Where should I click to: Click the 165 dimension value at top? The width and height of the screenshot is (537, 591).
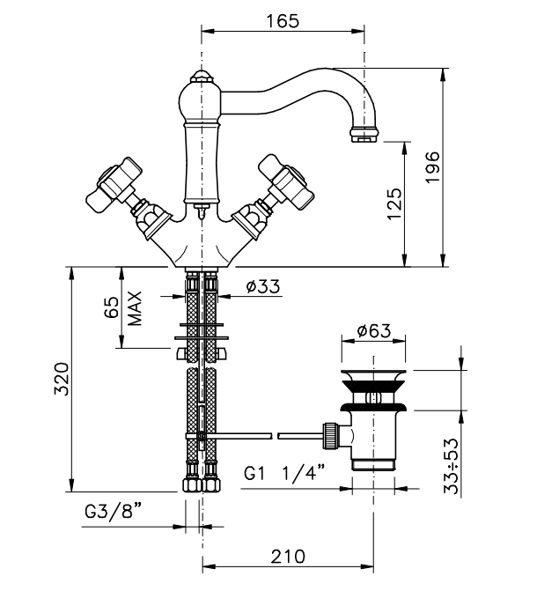[x=283, y=21]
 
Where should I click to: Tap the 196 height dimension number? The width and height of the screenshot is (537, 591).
[x=432, y=167]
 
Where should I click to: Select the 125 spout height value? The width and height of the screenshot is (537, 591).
[x=394, y=204]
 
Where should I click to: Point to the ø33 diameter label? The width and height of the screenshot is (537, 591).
[x=263, y=286]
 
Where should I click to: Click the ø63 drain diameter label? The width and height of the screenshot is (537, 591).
[x=374, y=331]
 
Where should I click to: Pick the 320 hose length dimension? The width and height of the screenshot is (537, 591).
[x=62, y=379]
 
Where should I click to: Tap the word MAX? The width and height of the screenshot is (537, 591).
[x=135, y=308]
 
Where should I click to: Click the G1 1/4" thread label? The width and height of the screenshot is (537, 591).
[x=284, y=473]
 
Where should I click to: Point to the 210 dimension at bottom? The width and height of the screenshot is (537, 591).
[x=288, y=557]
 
